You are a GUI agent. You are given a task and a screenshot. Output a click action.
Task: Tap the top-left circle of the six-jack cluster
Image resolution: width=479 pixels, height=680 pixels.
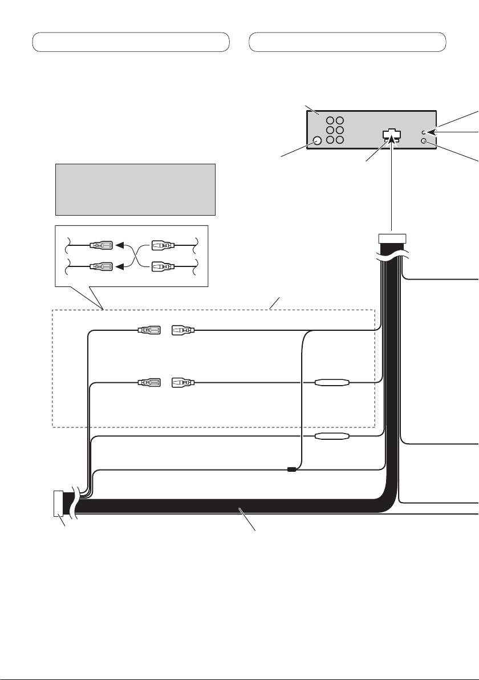[331, 121]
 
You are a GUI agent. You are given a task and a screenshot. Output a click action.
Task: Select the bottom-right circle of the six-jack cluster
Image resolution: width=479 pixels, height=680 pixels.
[340, 140]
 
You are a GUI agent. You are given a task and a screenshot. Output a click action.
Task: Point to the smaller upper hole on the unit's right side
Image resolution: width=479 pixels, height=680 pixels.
[424, 132]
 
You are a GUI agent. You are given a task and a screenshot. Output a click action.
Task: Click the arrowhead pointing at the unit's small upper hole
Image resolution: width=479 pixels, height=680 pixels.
[431, 132]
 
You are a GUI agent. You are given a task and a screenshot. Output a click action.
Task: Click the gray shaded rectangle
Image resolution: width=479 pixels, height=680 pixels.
[135, 189]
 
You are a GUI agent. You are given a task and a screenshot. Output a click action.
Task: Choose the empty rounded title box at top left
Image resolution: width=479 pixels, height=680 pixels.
[131, 42]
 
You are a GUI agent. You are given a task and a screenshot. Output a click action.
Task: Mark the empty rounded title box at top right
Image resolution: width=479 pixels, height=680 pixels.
[348, 42]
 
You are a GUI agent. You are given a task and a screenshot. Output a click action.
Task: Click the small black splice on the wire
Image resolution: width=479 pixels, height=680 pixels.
[291, 469]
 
